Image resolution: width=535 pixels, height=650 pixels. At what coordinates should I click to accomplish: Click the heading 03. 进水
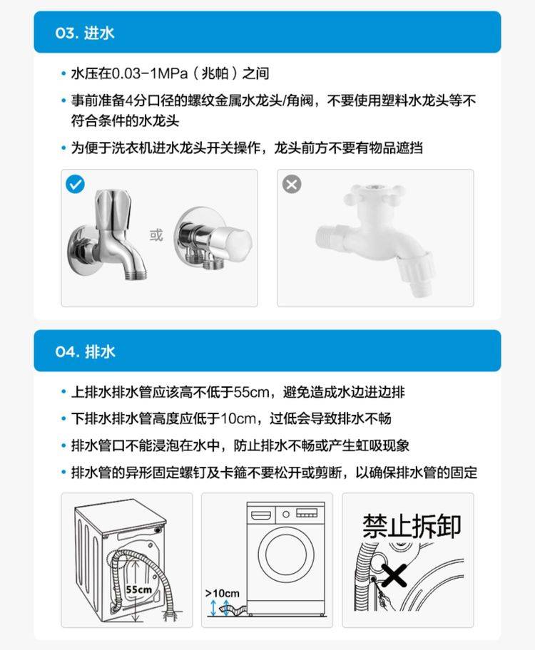85,33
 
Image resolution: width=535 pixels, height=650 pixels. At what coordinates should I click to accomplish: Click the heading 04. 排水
85,351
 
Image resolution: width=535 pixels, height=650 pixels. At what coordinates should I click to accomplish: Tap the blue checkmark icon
75,184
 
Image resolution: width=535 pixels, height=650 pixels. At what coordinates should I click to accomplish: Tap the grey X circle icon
292,184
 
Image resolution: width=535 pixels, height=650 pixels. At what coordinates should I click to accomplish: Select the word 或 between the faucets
156,235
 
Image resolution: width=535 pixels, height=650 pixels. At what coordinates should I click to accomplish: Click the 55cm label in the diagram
138,589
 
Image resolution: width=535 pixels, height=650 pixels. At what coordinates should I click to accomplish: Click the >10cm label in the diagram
223,593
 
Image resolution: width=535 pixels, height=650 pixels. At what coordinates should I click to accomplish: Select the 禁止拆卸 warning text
412,526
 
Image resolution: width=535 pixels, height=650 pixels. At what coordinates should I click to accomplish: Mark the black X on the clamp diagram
394,575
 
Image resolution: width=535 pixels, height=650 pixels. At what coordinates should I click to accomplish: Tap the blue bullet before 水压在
63,74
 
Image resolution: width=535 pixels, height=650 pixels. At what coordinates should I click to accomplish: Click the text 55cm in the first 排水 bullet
252,392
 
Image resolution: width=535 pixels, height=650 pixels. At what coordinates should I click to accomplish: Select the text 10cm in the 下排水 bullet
238,418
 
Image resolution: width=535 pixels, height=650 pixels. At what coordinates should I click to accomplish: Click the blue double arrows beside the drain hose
220,608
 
